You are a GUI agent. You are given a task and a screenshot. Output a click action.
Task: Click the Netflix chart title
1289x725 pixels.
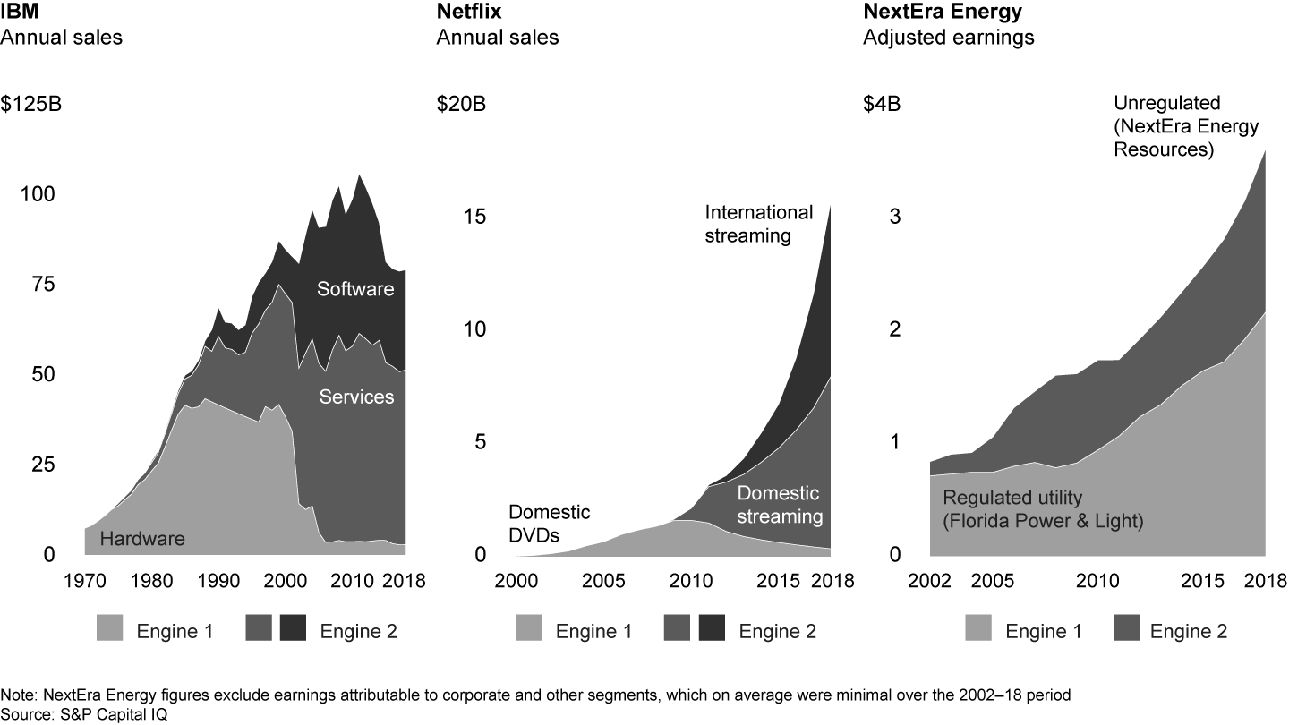465,13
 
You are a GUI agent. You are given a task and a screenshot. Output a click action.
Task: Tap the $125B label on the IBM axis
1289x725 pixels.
31,104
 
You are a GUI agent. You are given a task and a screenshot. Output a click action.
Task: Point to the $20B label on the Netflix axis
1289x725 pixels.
461,104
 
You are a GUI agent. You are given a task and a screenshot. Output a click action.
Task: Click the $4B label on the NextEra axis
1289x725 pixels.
881,104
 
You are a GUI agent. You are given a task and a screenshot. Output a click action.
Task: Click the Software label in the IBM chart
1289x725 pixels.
355,289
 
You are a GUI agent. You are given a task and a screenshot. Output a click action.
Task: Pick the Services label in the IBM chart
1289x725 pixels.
356,396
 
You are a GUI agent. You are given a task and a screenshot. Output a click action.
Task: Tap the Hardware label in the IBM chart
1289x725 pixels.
142,539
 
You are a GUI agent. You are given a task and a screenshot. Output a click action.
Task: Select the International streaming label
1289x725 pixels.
759,224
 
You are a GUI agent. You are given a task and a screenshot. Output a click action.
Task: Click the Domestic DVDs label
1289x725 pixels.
549,525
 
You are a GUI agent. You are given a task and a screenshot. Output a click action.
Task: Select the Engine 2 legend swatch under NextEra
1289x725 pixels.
1123,630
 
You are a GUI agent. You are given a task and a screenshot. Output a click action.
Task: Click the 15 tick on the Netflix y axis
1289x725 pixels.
474,217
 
